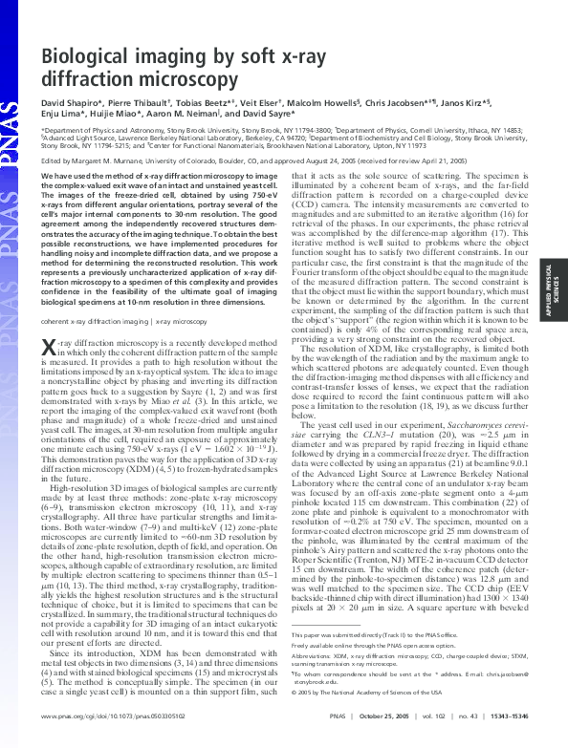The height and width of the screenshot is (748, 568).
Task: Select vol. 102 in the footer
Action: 408,731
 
